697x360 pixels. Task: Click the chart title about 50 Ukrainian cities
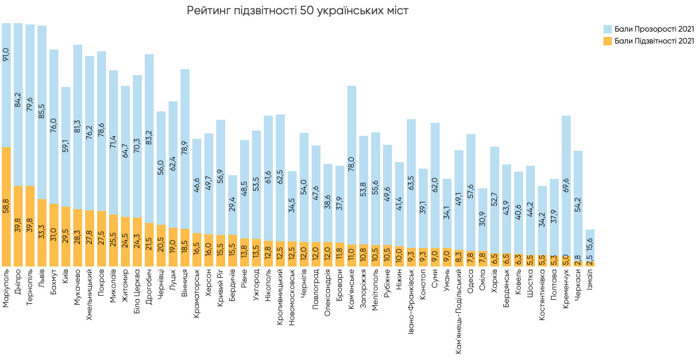(298, 11)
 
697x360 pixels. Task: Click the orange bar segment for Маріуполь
(7, 206)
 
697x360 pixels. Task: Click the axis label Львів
(42, 288)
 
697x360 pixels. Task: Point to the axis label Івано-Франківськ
(411, 302)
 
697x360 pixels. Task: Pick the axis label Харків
(494, 285)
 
